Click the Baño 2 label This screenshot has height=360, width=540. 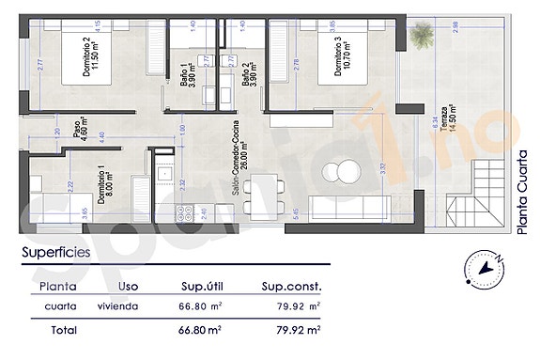point(250,72)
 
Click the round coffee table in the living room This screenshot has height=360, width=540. point(341,172)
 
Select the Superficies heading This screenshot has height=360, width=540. point(56,253)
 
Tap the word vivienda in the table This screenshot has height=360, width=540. point(118,306)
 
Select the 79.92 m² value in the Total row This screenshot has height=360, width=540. point(294,330)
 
